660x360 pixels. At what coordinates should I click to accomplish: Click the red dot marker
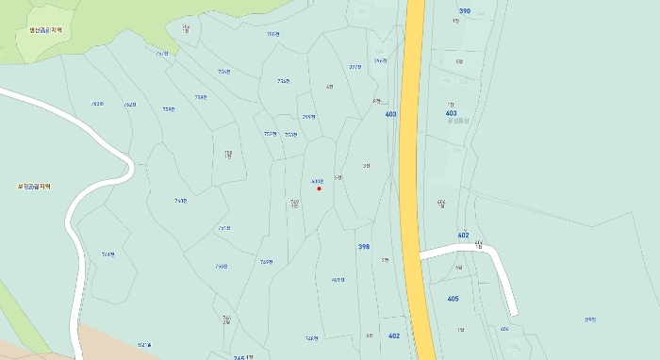tap(319, 188)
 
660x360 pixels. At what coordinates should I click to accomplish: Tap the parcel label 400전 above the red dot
tap(317, 181)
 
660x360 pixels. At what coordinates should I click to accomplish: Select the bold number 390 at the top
tap(465, 11)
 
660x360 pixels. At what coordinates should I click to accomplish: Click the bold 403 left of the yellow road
tap(391, 114)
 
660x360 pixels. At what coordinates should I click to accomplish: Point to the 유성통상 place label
tap(457, 120)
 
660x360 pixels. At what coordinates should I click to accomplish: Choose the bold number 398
tap(364, 247)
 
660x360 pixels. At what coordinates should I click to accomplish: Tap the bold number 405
tap(454, 299)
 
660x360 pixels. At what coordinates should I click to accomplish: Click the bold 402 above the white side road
tap(463, 235)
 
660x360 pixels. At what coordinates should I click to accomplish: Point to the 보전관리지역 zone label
tap(33, 187)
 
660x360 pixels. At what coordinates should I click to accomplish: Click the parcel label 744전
tap(107, 254)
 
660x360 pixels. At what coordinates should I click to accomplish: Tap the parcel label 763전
tap(97, 104)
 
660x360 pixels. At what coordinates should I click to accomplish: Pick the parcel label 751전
tap(224, 227)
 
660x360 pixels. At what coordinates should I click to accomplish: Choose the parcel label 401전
tap(338, 280)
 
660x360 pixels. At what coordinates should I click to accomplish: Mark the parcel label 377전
tap(355, 67)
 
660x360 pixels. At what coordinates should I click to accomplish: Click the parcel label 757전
tap(272, 34)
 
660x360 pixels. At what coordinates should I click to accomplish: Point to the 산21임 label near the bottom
tap(144, 344)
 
